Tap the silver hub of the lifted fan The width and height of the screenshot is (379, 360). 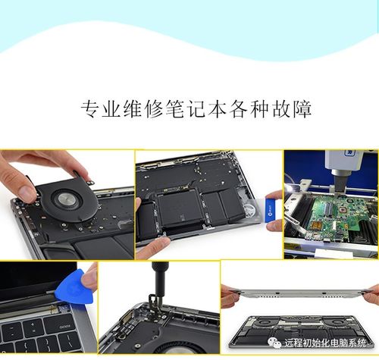(67, 196)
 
